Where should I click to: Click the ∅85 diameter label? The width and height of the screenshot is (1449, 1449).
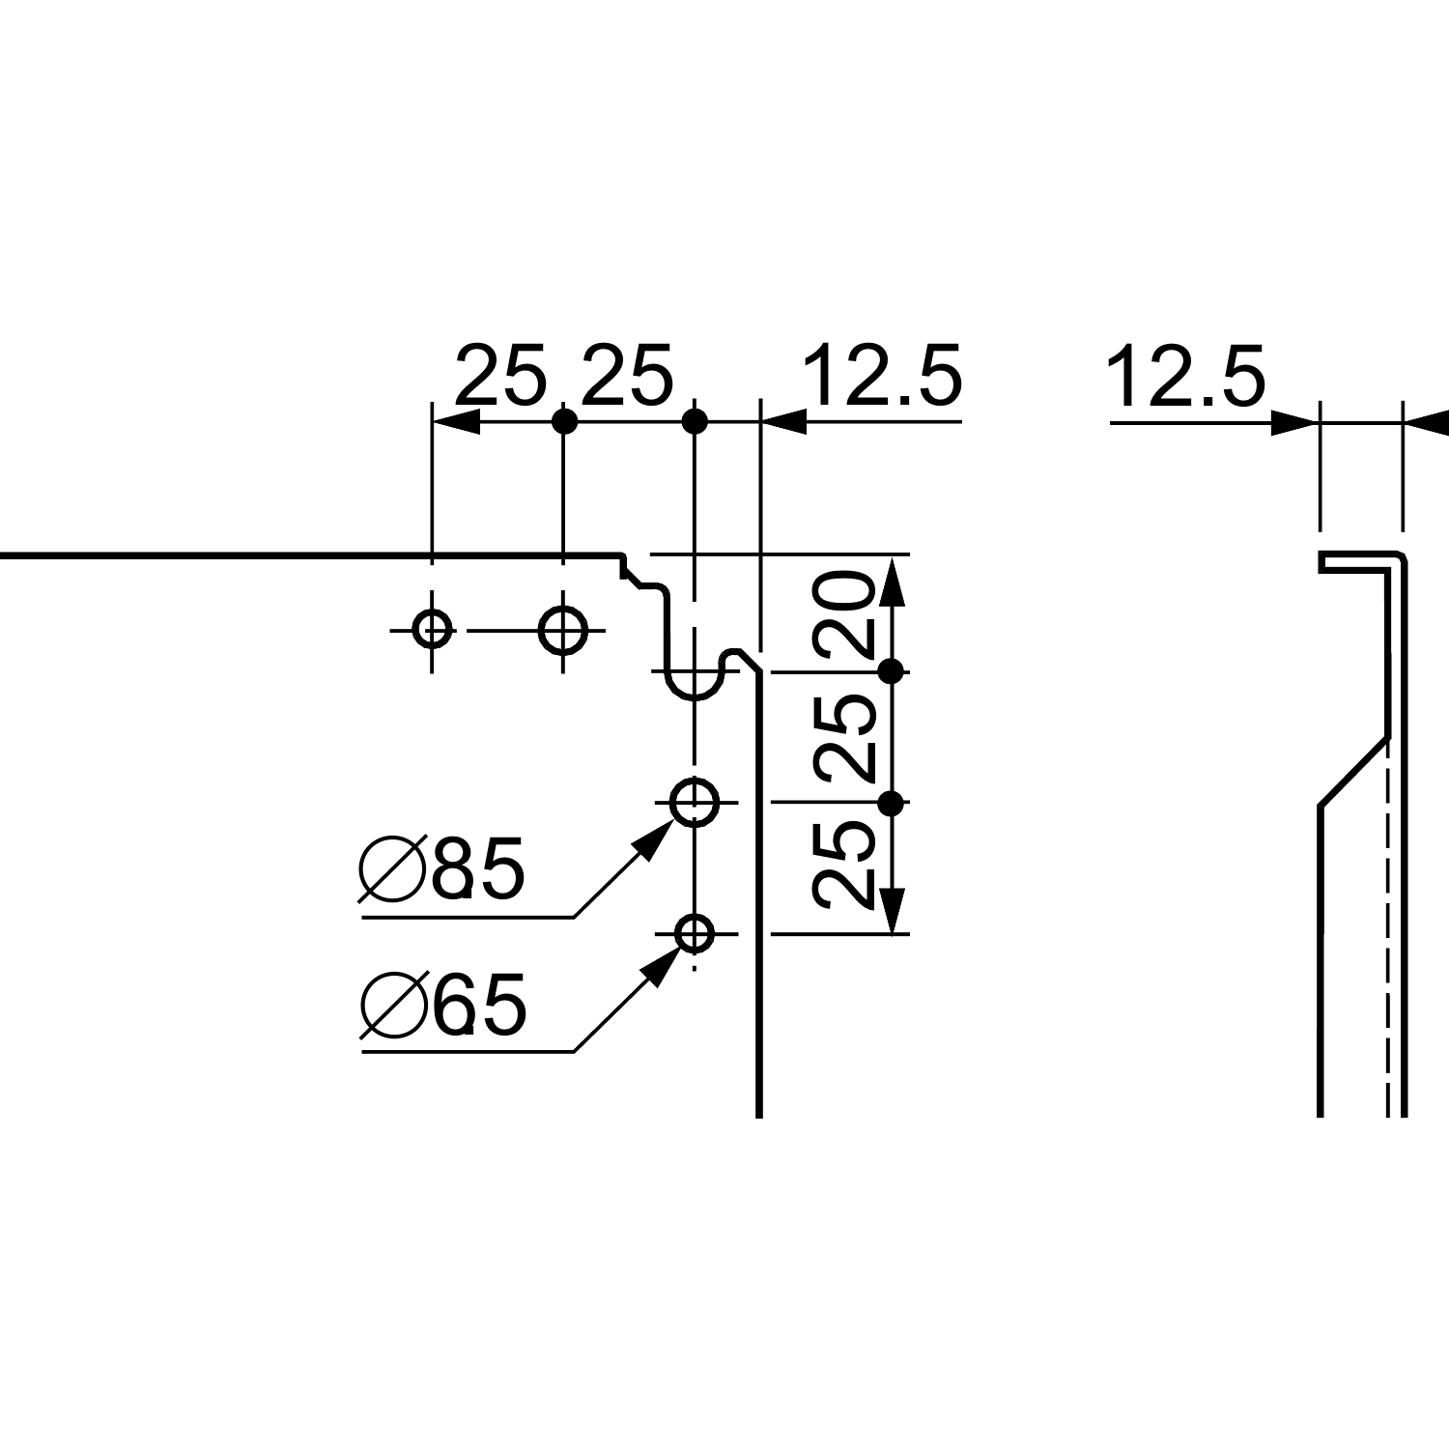[442, 868]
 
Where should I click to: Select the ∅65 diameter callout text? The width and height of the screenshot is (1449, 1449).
[444, 1004]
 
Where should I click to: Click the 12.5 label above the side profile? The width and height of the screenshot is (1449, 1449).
[1184, 377]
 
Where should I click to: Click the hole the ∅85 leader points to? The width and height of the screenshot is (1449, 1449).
[695, 802]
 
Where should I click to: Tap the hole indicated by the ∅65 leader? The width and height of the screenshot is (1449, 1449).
[695, 934]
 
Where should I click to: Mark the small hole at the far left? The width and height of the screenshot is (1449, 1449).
[431, 631]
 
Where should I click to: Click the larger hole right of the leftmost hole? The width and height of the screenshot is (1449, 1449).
[563, 631]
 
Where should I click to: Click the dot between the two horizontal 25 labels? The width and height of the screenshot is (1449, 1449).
[564, 421]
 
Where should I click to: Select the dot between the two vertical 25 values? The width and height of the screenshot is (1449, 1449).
[892, 803]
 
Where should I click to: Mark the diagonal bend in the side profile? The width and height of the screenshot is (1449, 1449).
[1353, 771]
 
